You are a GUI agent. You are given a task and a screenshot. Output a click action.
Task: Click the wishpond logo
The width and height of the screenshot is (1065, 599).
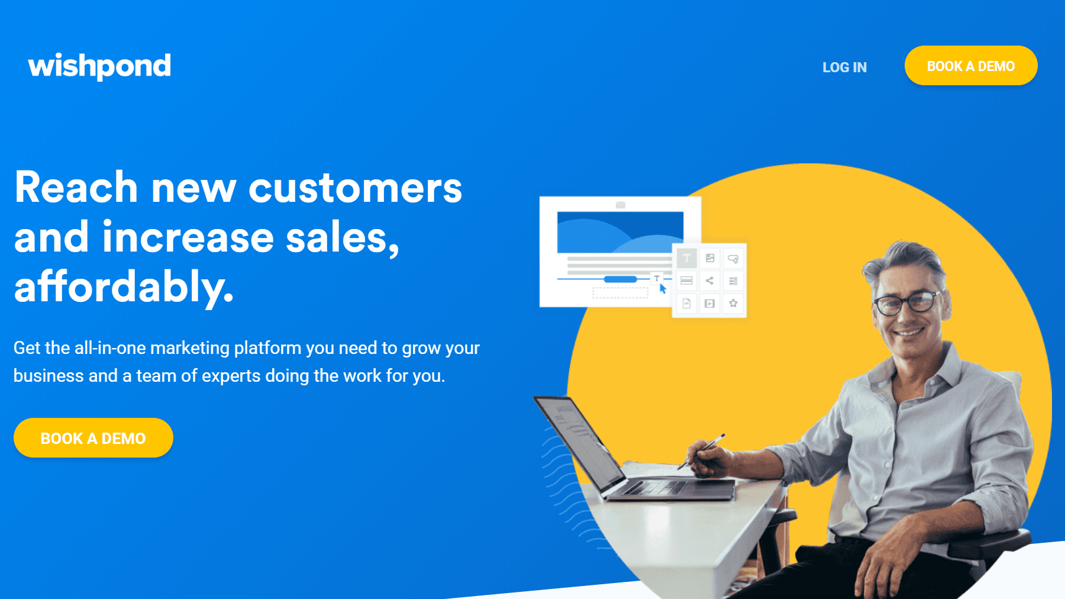pos(99,66)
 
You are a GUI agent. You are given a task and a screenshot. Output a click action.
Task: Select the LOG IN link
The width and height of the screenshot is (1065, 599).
pos(844,67)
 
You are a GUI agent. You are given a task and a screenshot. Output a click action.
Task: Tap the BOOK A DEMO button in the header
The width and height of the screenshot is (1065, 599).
pos(971,66)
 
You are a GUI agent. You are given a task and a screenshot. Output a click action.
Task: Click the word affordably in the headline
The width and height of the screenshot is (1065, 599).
pos(124,287)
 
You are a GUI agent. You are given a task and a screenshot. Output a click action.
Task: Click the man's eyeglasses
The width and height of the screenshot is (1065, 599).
pos(905,303)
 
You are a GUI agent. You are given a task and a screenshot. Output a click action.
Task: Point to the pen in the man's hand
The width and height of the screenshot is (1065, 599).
pos(702,451)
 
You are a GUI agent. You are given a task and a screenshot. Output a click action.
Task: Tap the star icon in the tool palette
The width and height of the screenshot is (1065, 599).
pos(733,304)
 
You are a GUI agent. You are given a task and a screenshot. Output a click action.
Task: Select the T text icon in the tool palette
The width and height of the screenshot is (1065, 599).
pos(686,258)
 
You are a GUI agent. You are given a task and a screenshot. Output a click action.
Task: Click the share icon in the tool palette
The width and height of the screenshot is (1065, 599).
pos(709,281)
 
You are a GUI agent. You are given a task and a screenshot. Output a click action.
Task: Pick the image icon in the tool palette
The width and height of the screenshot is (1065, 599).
pos(710,258)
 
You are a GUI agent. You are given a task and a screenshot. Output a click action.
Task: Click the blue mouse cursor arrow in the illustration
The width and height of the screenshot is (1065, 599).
pos(663,288)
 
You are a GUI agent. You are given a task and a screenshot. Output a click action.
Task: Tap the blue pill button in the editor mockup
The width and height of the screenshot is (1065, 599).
pos(620,279)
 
